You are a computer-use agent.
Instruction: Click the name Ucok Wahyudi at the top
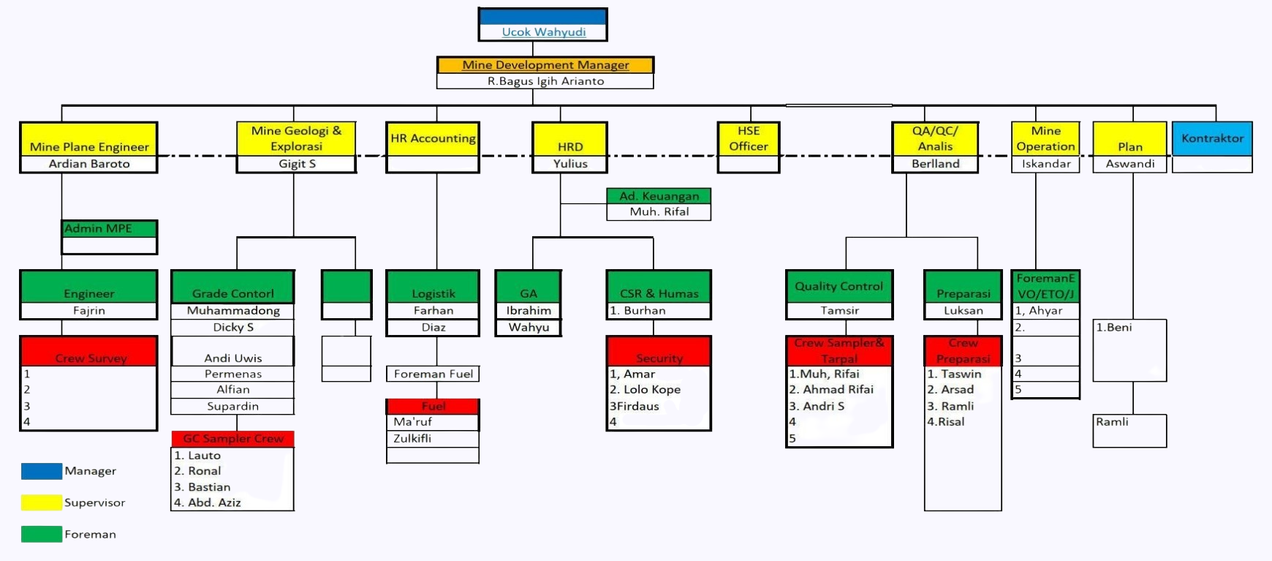point(543,32)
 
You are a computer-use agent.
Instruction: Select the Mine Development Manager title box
point(545,65)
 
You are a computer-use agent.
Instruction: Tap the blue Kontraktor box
point(1212,138)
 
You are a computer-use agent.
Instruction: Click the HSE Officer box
point(748,139)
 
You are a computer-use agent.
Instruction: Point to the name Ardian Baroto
point(89,164)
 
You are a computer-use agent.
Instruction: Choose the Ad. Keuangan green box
point(659,196)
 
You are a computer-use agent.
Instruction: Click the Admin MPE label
point(98,228)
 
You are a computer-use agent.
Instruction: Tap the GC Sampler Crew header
point(233,439)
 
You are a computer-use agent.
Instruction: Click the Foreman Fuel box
point(434,374)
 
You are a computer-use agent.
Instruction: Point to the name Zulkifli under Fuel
point(412,439)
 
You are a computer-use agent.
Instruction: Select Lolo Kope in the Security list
point(651,390)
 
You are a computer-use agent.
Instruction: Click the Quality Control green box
point(838,287)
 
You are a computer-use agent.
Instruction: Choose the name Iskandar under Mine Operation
point(1045,164)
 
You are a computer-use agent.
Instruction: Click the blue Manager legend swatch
point(42,471)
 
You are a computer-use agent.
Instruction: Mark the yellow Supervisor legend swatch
point(42,502)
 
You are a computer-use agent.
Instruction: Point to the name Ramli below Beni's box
point(1112,422)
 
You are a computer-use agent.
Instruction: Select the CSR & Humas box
point(659,293)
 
